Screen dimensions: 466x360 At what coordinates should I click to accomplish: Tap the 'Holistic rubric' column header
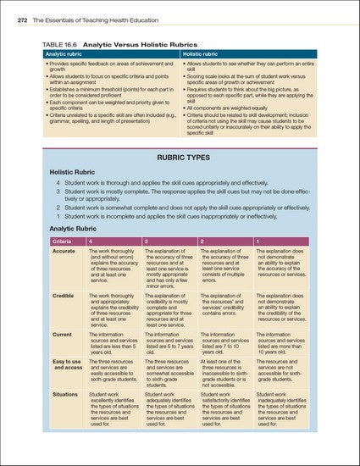[204, 53]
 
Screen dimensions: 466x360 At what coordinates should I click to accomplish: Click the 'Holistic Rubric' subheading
[71, 171]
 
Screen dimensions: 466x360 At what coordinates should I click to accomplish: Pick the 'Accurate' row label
[64, 252]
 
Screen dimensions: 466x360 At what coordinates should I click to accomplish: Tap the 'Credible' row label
[63, 295]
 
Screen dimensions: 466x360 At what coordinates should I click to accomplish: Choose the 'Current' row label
[62, 336]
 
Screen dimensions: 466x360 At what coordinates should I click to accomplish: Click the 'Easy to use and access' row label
[66, 364]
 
